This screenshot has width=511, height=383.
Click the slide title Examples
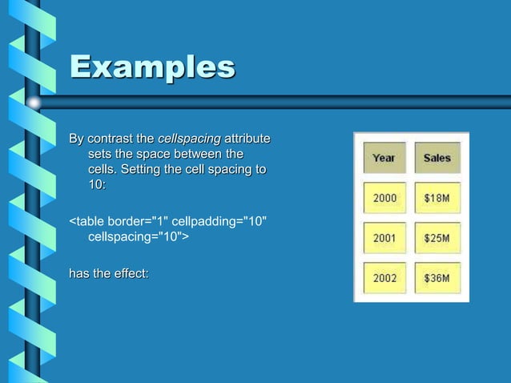point(152,67)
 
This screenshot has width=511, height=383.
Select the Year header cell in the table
point(384,158)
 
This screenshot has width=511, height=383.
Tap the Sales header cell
point(437,158)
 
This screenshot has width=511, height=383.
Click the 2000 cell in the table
point(384,198)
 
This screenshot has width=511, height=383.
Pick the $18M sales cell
point(437,198)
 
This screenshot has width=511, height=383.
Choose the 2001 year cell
point(384,238)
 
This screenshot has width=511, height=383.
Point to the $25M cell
point(437,238)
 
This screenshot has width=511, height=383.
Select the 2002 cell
point(384,278)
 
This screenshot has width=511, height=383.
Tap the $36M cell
point(437,278)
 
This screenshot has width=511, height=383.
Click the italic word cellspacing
point(189,139)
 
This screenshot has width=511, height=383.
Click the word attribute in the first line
point(247,139)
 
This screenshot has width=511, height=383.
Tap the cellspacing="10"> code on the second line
point(137,236)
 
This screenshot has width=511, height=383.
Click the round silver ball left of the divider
point(34,103)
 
